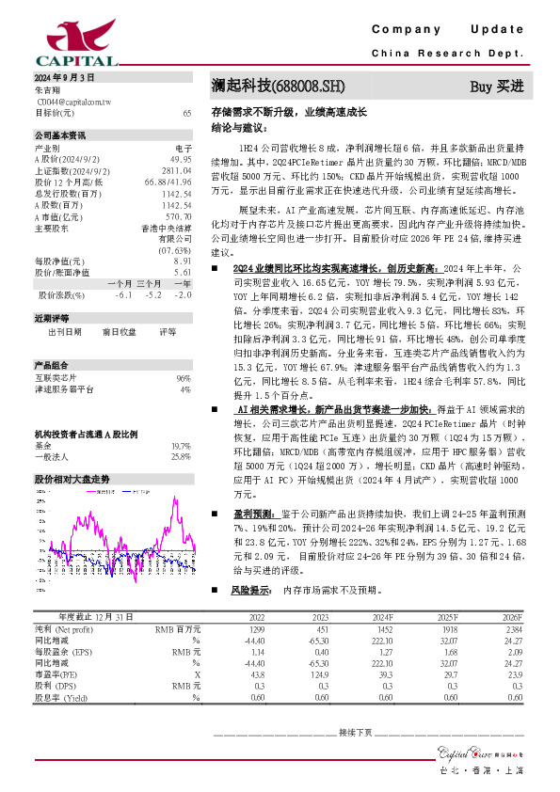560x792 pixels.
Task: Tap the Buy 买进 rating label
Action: click(496, 87)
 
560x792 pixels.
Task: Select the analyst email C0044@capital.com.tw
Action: click(69, 102)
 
